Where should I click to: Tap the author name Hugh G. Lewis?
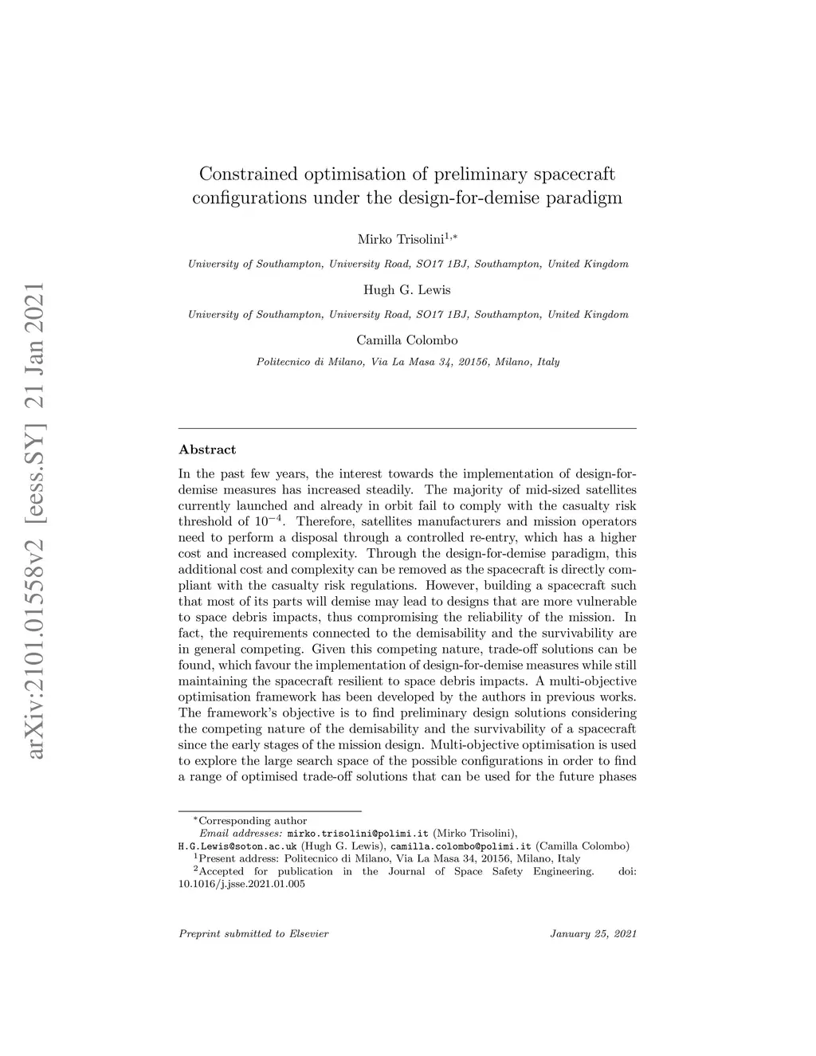click(406, 289)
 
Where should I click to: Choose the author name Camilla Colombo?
click(406, 340)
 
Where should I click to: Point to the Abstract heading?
click(207, 449)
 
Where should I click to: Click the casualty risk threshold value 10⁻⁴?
click(269, 521)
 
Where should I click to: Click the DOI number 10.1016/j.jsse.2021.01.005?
click(241, 884)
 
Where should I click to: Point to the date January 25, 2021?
click(593, 933)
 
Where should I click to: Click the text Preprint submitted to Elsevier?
click(253, 933)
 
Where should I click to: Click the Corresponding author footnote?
click(252, 820)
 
